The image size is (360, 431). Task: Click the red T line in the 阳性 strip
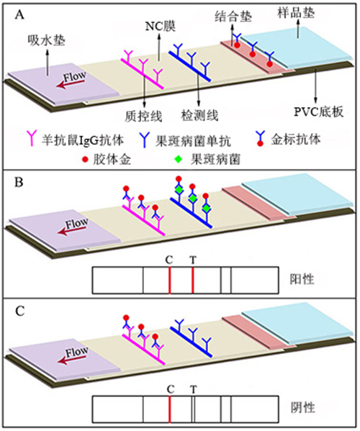(x=192, y=278)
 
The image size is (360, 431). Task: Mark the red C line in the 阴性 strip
(x=169, y=412)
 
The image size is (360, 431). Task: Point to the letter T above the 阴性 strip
(x=192, y=389)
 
